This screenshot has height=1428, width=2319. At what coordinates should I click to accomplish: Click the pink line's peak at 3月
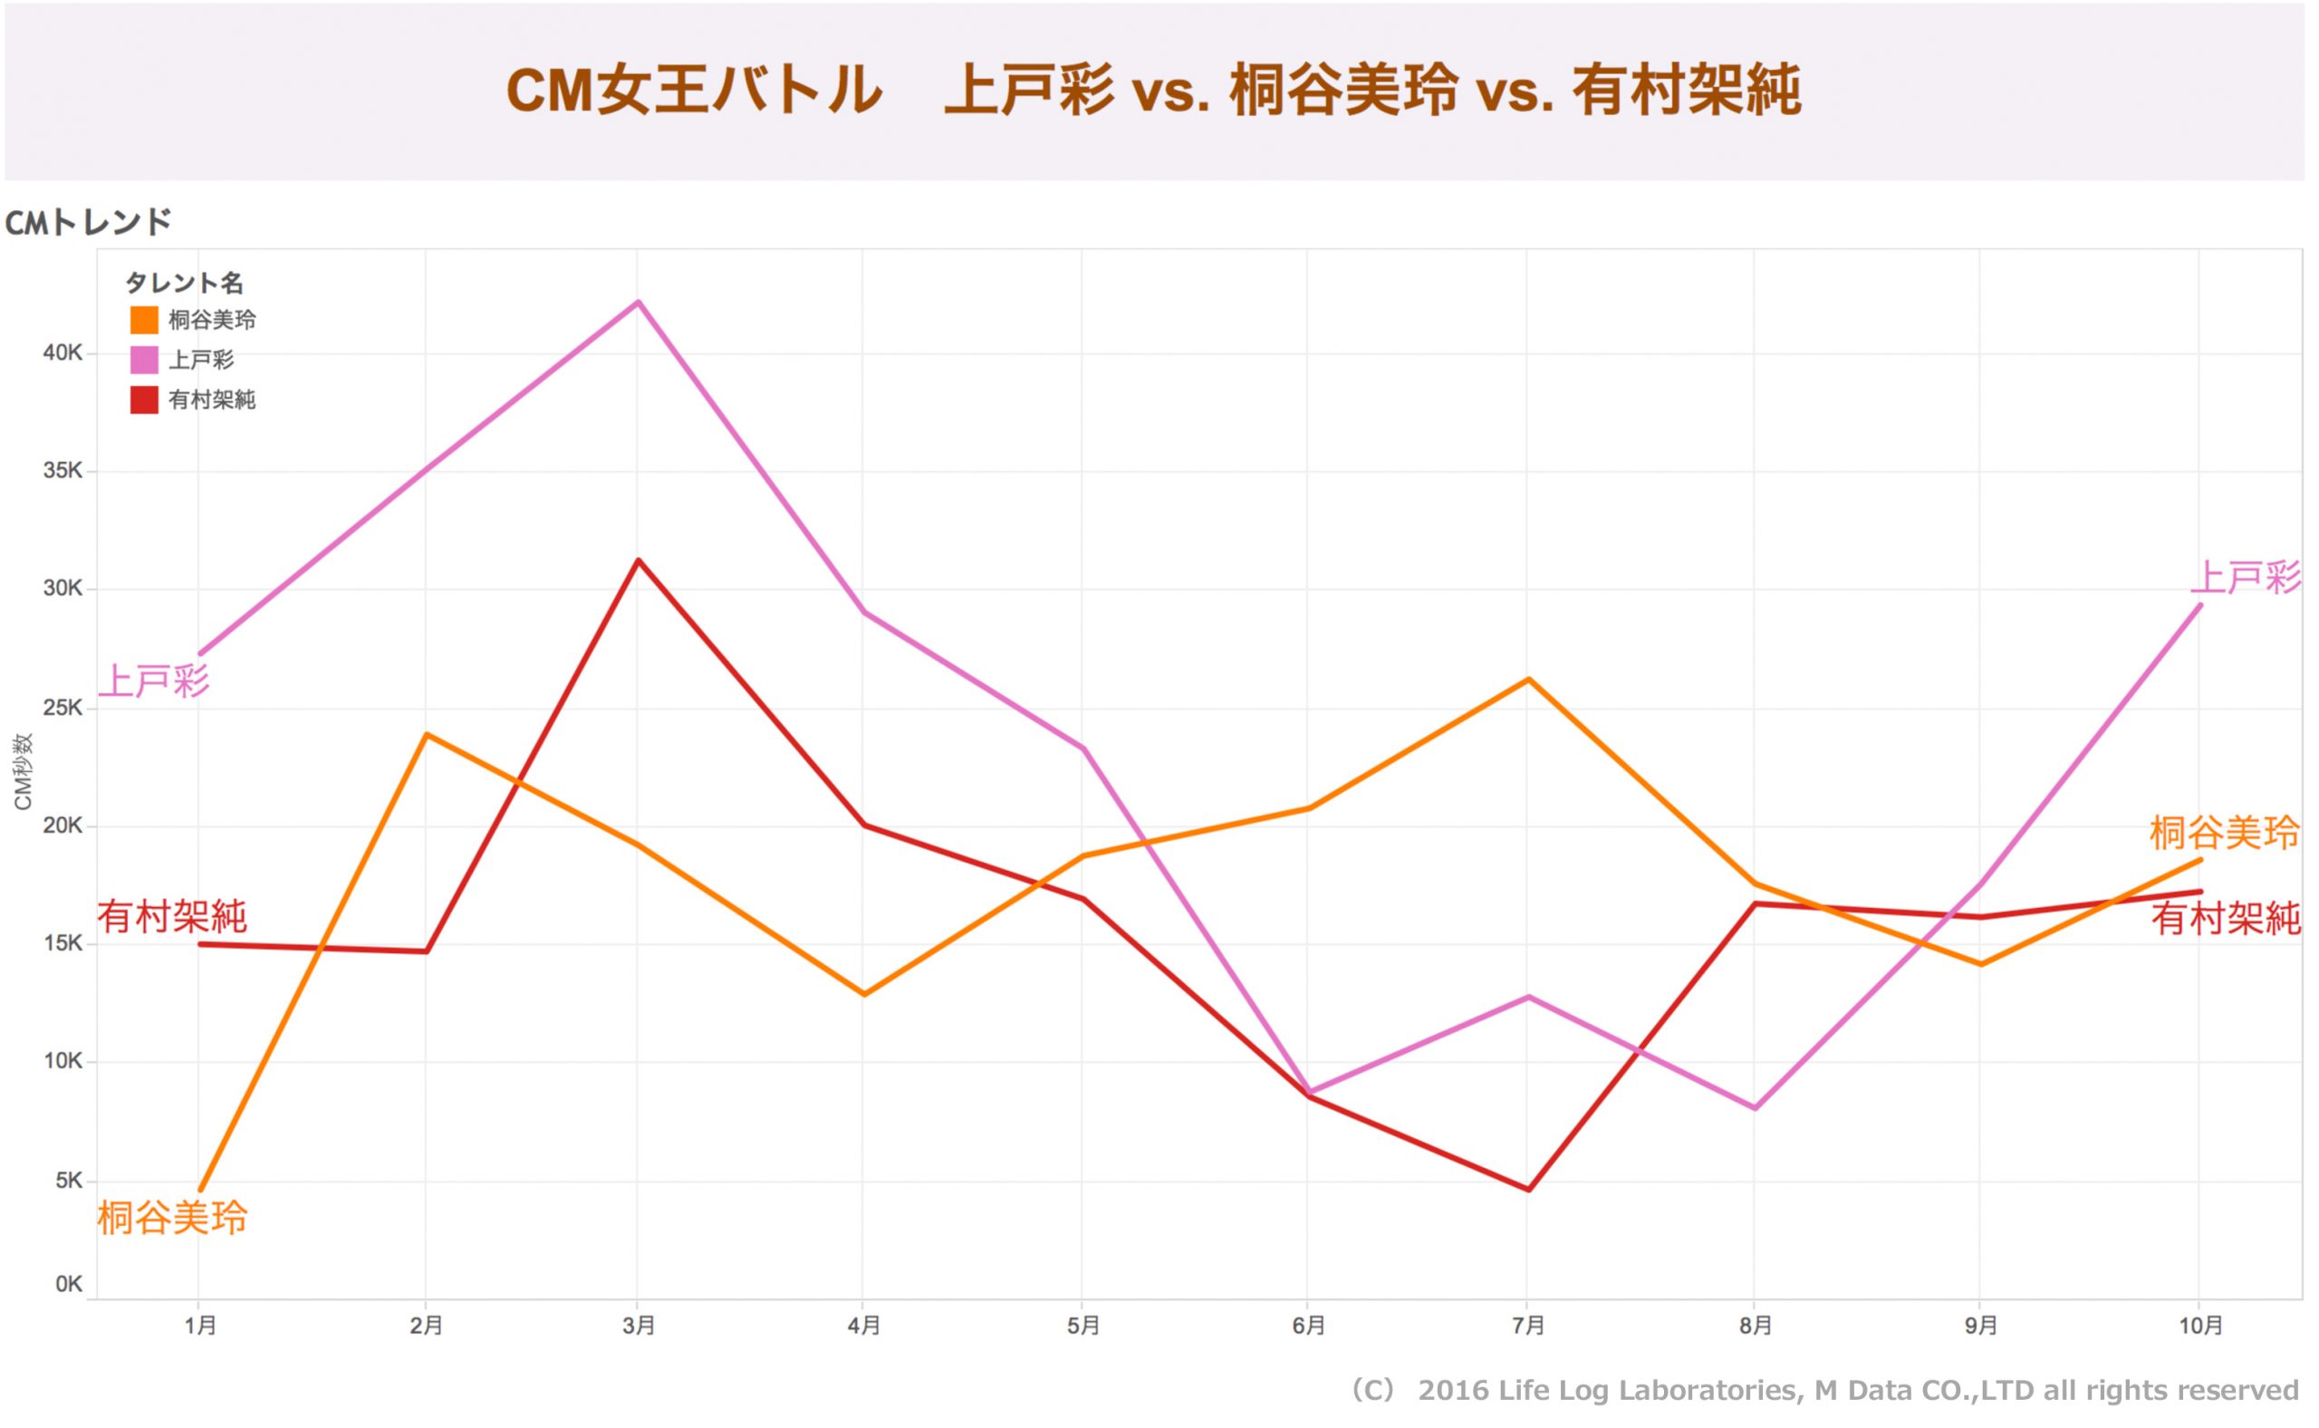[x=640, y=303]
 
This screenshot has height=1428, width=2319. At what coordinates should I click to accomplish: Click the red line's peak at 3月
[x=640, y=560]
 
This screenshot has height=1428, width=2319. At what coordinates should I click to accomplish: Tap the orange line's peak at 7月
[x=1529, y=679]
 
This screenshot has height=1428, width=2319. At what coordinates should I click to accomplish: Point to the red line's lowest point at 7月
[x=1529, y=1189]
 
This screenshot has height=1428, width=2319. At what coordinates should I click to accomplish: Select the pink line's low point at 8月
[x=1755, y=1108]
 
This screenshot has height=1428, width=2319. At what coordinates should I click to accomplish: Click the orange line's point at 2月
[x=427, y=734]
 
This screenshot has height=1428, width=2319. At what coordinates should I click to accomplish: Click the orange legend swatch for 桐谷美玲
[x=143, y=320]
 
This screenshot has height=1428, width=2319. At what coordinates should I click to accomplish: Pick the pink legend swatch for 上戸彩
[x=143, y=360]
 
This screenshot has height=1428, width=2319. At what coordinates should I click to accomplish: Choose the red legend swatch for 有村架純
[x=143, y=400]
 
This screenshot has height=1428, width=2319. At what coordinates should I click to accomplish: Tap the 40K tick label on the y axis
[x=63, y=353]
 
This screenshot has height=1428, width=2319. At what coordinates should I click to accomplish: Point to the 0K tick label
[x=68, y=1284]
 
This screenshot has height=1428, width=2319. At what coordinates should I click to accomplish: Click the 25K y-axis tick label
[x=63, y=708]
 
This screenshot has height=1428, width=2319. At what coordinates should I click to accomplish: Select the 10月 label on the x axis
[x=2200, y=1326]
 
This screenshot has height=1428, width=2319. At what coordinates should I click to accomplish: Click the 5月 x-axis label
[x=1083, y=1326]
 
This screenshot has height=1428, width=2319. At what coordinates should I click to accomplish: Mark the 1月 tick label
[x=200, y=1326]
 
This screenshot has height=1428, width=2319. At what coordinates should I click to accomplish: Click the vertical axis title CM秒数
[x=23, y=772]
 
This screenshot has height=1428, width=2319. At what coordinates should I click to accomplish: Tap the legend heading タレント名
[x=184, y=283]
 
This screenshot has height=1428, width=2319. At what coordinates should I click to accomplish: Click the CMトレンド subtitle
[x=88, y=223]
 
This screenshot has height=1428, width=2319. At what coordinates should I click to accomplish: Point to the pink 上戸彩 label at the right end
[x=2247, y=577]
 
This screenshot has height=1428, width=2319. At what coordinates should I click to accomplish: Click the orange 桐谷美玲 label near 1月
[x=172, y=1218]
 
